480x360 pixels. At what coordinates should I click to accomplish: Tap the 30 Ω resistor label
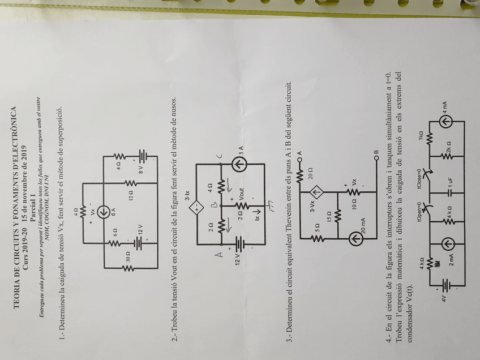tap(127, 256)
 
